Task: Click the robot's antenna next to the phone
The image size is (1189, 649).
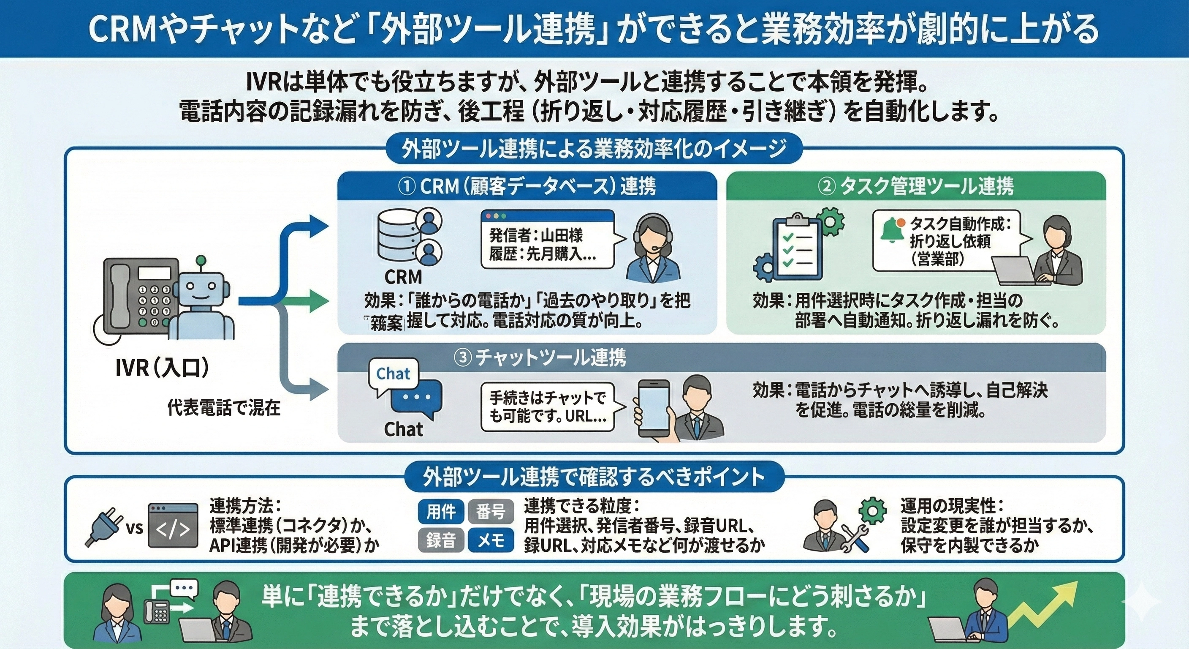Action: [x=200, y=262]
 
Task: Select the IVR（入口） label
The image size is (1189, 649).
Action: [x=162, y=368]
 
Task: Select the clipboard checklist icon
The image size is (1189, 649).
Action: [x=798, y=248]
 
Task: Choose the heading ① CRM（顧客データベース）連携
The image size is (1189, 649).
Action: [x=527, y=187]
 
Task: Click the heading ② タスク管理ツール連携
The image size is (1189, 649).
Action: [x=916, y=187]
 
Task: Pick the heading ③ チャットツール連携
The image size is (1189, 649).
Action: [x=540, y=358]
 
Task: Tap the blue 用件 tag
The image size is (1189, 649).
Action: [x=441, y=512]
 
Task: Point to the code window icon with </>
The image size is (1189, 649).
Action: [x=173, y=526]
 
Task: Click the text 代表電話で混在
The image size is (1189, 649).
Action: [x=224, y=408]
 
